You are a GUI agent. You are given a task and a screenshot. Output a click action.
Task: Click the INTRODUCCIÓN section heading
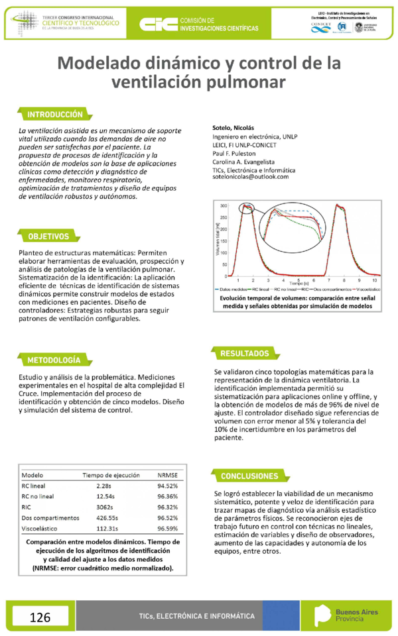point(55,114)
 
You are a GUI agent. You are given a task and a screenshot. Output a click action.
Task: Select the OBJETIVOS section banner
point(48,237)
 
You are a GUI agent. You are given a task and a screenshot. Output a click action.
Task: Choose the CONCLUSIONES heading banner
point(249,476)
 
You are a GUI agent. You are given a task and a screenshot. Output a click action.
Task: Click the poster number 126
point(40,617)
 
